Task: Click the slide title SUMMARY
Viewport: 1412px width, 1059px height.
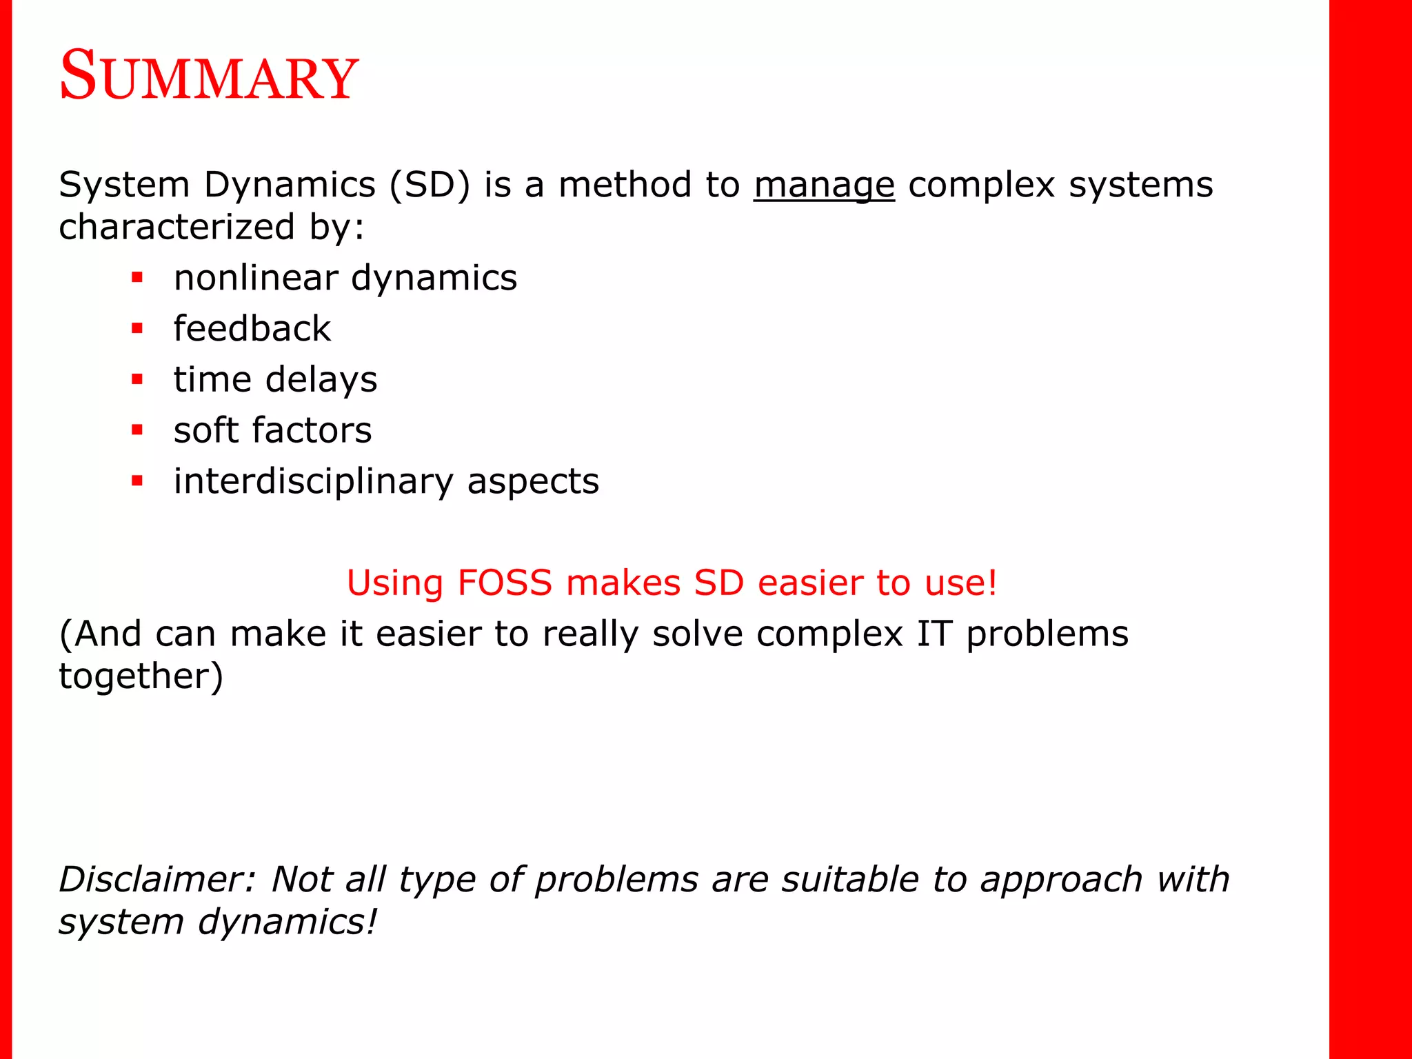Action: click(209, 76)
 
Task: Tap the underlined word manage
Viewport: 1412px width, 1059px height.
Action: click(824, 185)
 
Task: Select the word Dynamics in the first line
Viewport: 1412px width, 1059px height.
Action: click(290, 185)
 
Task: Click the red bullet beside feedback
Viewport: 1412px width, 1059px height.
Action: click(137, 329)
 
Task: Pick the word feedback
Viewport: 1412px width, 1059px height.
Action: click(252, 329)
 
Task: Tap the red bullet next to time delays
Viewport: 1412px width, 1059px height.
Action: click(137, 379)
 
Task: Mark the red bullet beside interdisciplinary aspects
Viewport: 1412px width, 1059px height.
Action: click(137, 481)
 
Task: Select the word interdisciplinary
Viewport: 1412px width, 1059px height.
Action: click(314, 481)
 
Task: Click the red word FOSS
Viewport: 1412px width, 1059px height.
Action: click(505, 583)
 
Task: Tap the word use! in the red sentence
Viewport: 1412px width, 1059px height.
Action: click(961, 583)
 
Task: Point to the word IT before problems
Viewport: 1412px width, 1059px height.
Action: click(934, 634)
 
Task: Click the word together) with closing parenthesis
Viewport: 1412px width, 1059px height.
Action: click(141, 676)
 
